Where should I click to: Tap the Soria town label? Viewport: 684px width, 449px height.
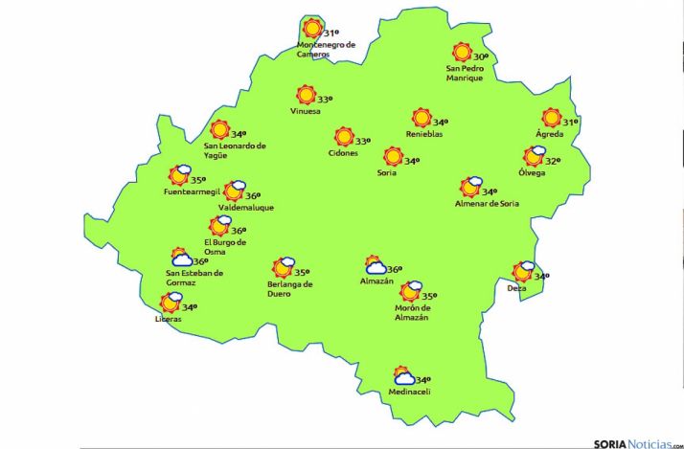point(386,173)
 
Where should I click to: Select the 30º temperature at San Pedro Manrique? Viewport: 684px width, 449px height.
point(481,56)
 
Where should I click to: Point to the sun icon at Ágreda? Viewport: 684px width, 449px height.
point(551,118)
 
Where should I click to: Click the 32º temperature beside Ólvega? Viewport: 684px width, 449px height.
point(553,160)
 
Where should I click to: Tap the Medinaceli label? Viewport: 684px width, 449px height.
point(409,393)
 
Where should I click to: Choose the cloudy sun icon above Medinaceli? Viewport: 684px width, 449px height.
point(403,376)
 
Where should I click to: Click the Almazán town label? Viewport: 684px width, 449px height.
point(376,281)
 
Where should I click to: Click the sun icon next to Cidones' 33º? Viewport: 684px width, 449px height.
point(343,138)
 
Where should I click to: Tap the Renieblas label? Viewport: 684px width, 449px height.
point(423,134)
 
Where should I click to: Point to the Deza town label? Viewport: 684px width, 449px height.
point(517,287)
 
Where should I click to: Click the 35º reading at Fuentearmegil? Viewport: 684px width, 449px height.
point(198,179)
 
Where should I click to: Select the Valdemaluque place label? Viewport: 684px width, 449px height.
point(245,207)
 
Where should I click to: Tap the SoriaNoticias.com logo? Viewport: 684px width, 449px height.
point(636,442)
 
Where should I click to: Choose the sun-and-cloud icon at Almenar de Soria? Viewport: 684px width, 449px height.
point(470,187)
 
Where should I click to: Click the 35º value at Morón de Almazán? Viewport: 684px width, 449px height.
point(429,296)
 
